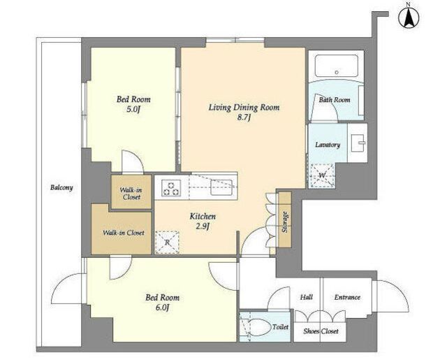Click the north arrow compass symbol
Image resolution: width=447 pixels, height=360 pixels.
tap(409, 17)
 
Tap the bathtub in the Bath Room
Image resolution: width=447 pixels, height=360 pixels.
tap(337, 65)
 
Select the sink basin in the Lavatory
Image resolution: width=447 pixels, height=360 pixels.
tap(358, 143)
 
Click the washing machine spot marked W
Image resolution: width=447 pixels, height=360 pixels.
tap(322, 175)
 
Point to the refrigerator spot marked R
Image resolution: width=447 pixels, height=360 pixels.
tap(167, 242)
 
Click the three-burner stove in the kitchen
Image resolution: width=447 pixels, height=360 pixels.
tap(171, 188)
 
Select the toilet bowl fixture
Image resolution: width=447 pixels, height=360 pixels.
tap(256, 327)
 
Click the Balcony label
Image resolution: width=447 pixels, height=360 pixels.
tap(61, 187)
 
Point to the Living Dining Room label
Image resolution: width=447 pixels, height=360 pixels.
tap(244, 108)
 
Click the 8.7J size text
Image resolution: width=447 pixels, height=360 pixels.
tap(244, 117)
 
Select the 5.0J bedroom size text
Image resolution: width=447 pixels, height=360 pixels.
tap(133, 109)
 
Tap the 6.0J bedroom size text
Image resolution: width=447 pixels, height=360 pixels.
tap(162, 308)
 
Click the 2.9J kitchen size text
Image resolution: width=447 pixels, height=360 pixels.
tap(203, 226)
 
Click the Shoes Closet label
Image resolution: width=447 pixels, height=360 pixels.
tap(321, 331)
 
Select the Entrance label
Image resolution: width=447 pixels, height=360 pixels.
tap(347, 297)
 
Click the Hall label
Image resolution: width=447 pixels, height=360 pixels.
tap(307, 297)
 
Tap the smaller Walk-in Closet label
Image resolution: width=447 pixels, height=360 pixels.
tap(131, 194)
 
